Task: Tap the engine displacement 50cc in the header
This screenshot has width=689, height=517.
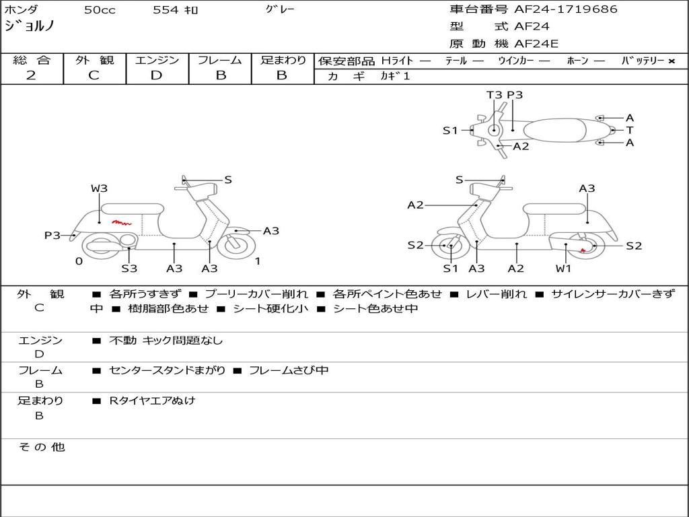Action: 100,10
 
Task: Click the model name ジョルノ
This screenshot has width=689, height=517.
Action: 30,26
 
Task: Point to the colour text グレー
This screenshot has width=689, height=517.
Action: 281,9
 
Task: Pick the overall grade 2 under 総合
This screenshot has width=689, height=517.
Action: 31,75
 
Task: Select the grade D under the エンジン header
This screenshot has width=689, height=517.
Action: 156,75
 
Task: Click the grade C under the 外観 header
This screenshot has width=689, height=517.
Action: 94,75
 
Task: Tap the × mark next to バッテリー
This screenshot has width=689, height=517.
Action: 671,61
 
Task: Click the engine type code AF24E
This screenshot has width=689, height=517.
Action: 536,44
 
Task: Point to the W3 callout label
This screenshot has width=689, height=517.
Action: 99,188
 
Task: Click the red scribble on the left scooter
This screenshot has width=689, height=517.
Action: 121,221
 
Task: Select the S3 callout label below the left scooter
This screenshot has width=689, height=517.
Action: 129,269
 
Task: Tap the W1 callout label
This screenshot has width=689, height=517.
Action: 563,269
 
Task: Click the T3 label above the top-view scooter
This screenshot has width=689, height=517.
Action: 495,95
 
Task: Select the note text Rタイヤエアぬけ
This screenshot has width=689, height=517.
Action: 152,401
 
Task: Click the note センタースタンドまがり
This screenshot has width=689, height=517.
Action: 167,370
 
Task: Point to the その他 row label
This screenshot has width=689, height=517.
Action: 41,447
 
